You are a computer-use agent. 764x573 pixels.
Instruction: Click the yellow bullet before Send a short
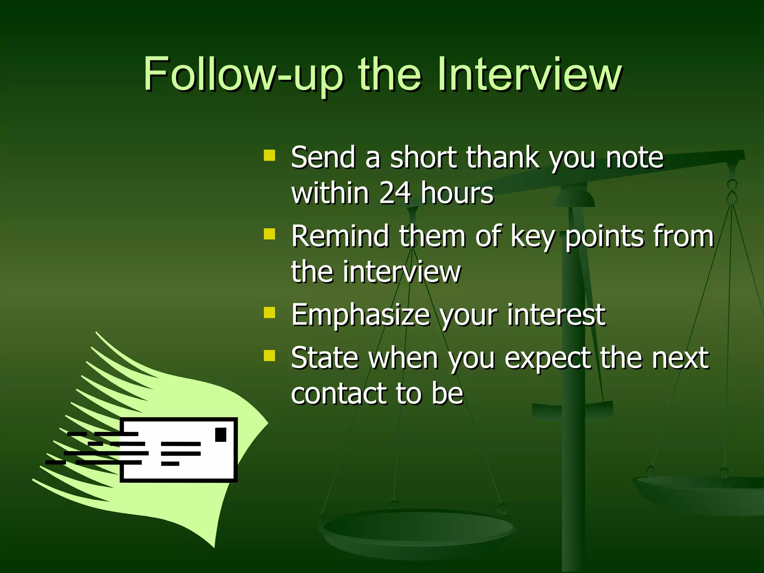coord(269,155)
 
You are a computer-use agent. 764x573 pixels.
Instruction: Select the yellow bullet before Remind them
coord(269,234)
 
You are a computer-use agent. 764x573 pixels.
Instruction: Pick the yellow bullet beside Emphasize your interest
coord(269,313)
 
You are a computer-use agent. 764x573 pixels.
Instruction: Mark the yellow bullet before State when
coord(269,356)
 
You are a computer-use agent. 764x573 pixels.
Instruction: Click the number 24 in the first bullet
coord(395,193)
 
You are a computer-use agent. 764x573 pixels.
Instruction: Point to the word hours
coord(457,193)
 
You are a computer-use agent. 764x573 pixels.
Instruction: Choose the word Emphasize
coord(360,316)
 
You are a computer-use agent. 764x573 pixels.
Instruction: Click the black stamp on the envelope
coord(221,435)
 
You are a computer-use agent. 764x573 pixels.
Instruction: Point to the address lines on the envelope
coord(181,454)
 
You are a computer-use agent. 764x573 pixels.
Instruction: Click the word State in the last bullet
coord(324,358)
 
